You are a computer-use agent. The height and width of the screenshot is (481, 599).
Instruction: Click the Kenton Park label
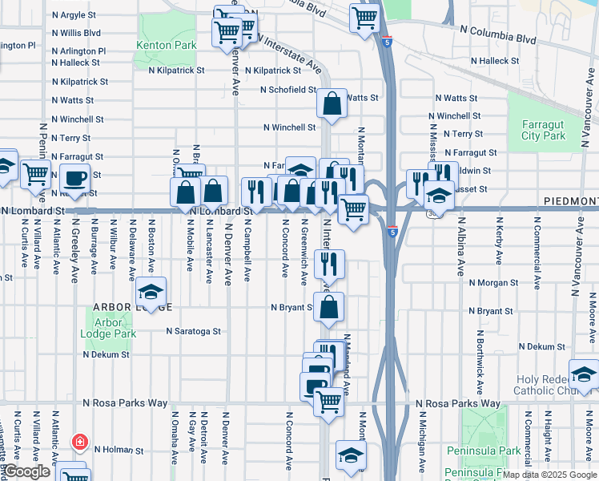click(167, 46)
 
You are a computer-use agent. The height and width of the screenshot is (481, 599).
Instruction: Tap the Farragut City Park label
click(544, 130)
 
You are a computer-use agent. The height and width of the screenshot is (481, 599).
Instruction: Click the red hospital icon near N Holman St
click(79, 442)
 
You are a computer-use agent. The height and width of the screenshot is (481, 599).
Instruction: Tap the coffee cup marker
click(76, 178)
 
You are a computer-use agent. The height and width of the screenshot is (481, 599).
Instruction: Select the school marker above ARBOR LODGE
click(150, 293)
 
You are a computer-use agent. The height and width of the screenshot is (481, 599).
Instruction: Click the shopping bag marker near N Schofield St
click(332, 103)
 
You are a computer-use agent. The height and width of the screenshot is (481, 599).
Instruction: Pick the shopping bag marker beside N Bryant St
click(328, 307)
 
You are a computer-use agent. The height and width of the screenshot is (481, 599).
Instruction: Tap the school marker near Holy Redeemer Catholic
click(584, 374)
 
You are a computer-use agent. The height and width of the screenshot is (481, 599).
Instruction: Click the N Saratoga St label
click(193, 330)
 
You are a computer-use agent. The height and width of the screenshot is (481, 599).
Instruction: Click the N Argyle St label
click(74, 15)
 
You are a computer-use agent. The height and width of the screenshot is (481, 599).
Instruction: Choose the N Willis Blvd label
click(76, 33)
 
